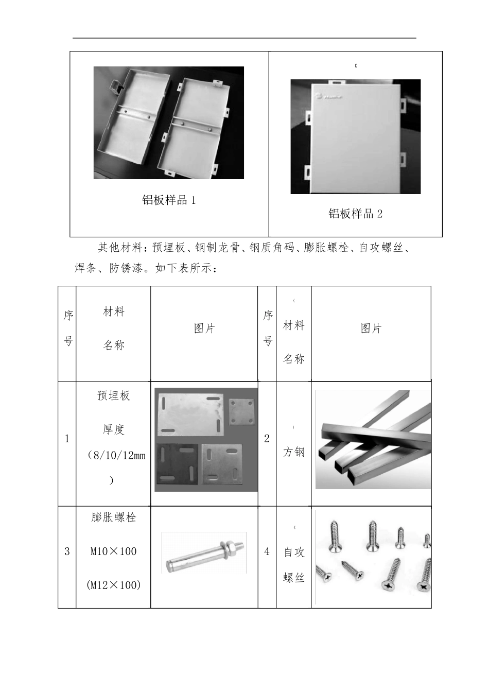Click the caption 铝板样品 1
click(x=169, y=200)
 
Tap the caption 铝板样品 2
click(x=355, y=214)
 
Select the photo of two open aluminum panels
click(x=168, y=123)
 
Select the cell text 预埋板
click(x=113, y=395)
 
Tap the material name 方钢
click(x=293, y=452)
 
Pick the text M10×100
click(x=113, y=551)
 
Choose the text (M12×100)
click(x=113, y=585)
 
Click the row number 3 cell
click(x=67, y=551)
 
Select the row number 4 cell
click(x=267, y=551)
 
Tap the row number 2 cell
click(x=267, y=439)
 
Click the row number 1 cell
click(x=67, y=439)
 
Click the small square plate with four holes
click(x=239, y=411)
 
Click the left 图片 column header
click(x=204, y=328)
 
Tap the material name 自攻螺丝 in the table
click(x=294, y=565)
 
